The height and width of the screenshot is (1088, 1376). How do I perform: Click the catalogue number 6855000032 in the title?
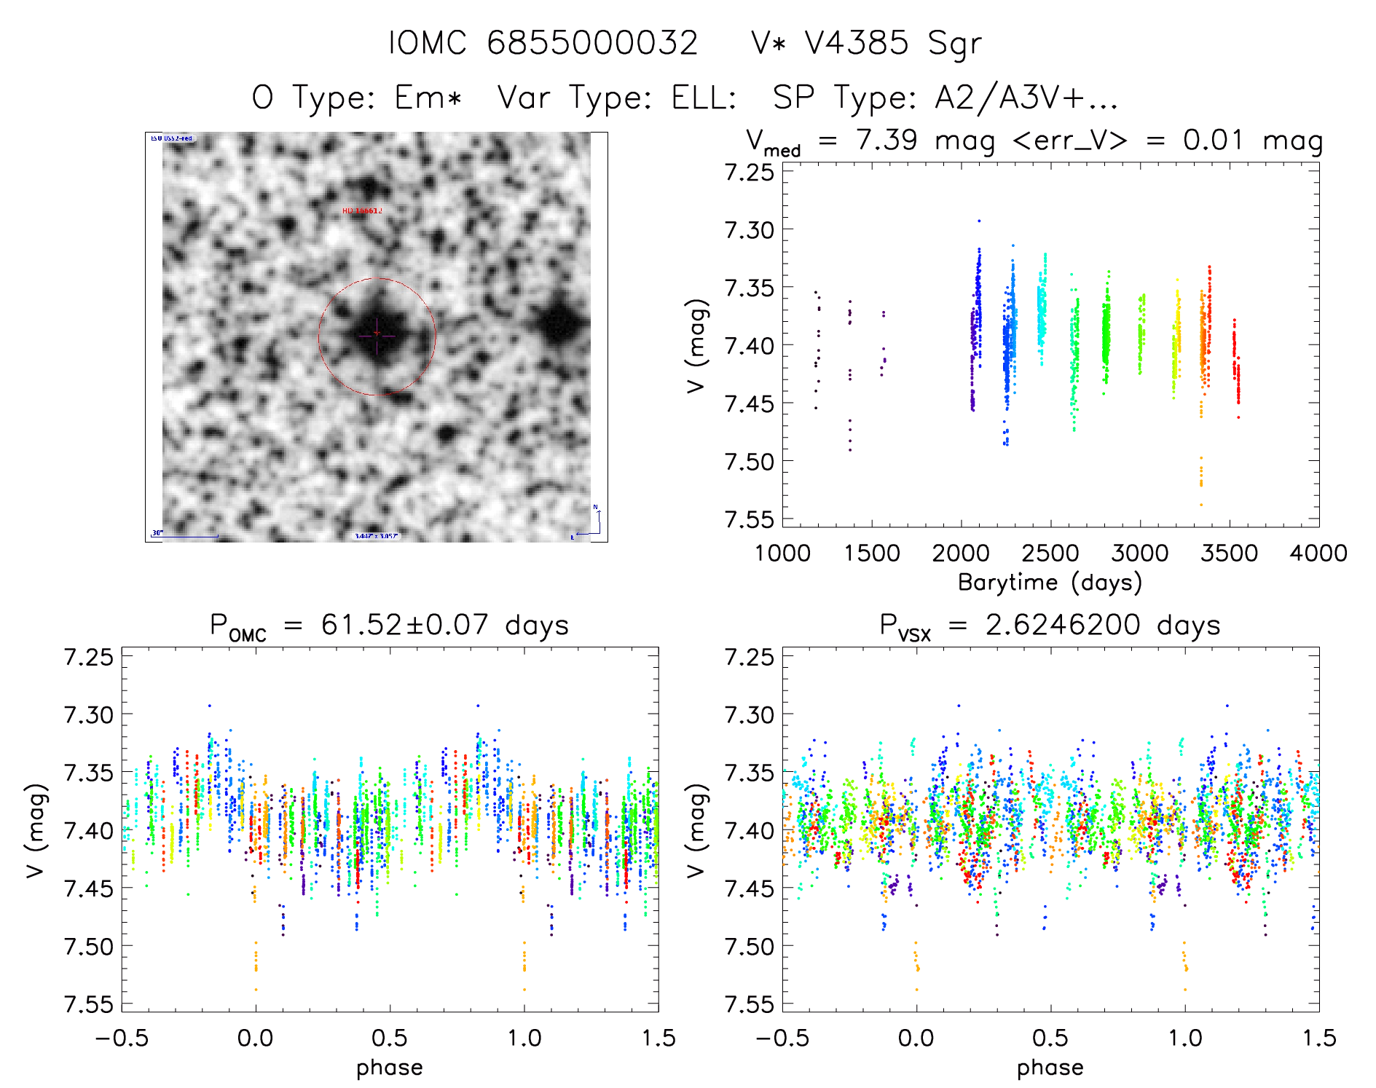click(x=591, y=43)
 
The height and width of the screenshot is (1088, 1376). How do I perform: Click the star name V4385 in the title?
click(x=856, y=43)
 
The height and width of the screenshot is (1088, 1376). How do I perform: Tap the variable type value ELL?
click(x=704, y=98)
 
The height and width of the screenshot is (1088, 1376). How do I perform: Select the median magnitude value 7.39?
click(x=886, y=140)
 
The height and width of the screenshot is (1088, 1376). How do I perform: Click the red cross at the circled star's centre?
click(x=377, y=334)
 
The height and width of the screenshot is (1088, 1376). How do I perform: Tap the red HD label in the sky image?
click(x=361, y=211)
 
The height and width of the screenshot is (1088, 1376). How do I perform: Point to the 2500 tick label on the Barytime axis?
click(x=1050, y=553)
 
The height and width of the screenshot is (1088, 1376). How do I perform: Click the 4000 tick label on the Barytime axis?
click(x=1318, y=553)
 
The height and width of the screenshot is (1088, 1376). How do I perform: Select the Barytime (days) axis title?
click(x=1050, y=583)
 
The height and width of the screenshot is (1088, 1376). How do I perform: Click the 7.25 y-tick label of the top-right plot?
click(x=749, y=173)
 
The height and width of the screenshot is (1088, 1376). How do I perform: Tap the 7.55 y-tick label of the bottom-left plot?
click(x=88, y=1004)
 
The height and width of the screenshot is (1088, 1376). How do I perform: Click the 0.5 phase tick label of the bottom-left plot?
click(x=390, y=1038)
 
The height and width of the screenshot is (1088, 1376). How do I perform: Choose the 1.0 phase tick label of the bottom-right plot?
click(x=1185, y=1038)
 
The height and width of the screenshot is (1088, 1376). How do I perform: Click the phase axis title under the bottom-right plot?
click(x=1050, y=1068)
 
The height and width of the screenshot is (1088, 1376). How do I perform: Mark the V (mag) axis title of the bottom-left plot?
click(x=36, y=830)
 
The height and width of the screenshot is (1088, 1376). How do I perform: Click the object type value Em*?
click(x=428, y=98)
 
